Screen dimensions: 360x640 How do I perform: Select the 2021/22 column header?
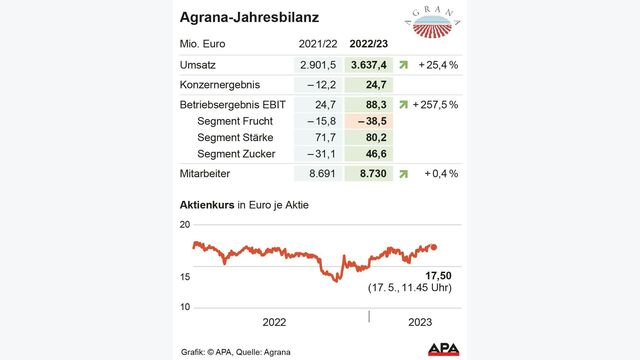coord(318,44)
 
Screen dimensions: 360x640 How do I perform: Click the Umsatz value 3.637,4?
coord(368,64)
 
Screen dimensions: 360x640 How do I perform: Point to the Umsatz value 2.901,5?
coord(319,64)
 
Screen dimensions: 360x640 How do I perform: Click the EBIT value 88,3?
coord(370,103)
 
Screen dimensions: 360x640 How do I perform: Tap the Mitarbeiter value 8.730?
coord(368,173)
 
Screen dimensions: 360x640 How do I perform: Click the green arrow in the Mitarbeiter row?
coord(403,173)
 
